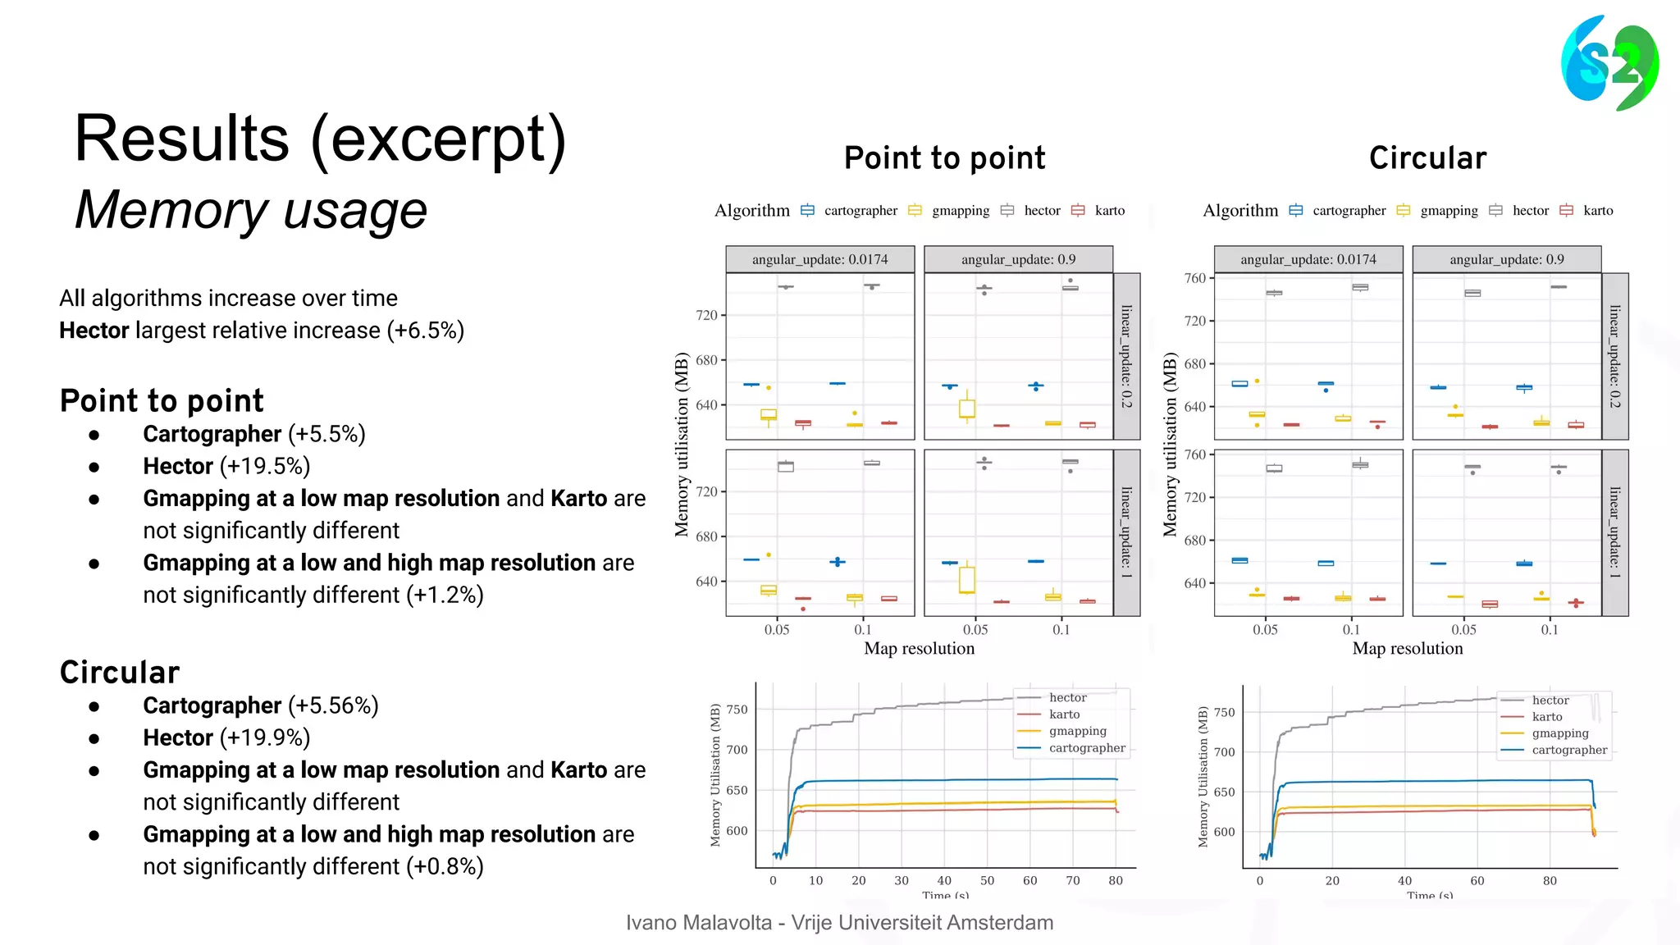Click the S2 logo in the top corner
coord(1609,62)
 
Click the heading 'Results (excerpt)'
coord(320,139)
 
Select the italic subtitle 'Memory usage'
coord(251,210)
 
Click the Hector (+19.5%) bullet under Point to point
coord(226,466)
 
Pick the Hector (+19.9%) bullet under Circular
coord(226,737)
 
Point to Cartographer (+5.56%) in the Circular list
coord(260,705)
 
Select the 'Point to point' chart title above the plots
coord(944,157)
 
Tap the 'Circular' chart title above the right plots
coord(1427,157)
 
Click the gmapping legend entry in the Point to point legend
coord(960,211)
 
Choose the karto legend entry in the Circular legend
coord(1597,211)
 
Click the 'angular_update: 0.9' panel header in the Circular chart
coord(1506,259)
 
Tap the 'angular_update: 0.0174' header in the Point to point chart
coord(819,259)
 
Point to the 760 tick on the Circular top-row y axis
coord(1194,278)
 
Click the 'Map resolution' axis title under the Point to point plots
coord(919,648)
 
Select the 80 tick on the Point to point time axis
coord(1115,880)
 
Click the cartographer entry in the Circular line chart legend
coord(1568,750)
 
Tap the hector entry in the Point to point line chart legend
coord(1067,697)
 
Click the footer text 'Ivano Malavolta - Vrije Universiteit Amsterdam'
coord(839,923)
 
